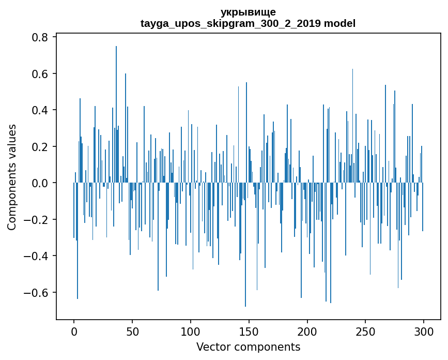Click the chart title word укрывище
click(248, 12)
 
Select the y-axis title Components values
click(12, 177)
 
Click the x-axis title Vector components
click(248, 347)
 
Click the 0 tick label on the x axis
click(74, 331)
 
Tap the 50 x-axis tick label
click(132, 331)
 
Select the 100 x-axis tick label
click(191, 331)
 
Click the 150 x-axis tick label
click(249, 331)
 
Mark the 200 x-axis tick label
click(307, 331)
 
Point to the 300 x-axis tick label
click(424, 331)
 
